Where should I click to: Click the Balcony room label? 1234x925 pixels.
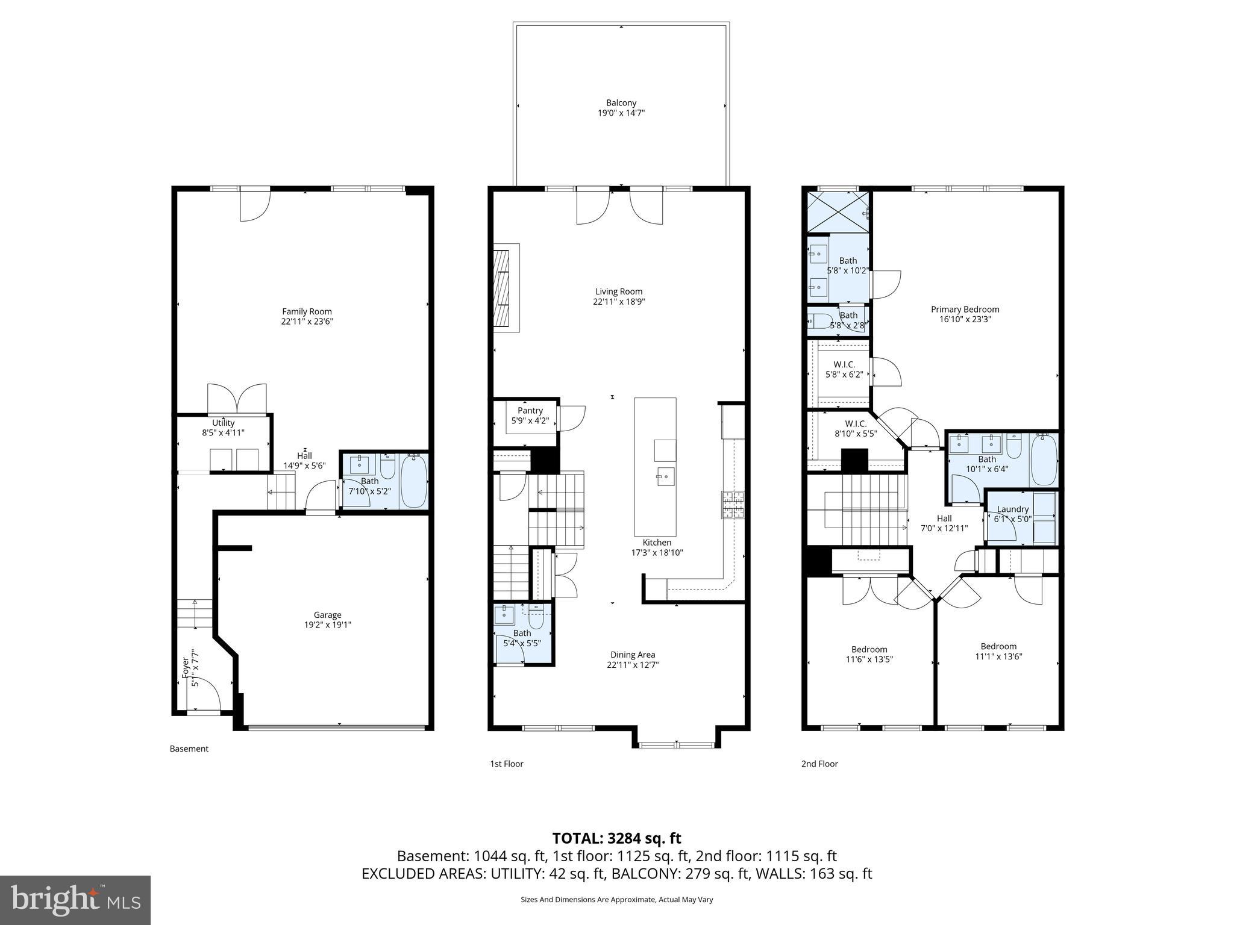621,103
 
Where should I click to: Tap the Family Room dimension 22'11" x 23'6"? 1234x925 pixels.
307,322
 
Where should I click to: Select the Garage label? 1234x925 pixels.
327,615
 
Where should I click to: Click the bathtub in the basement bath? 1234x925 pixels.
414,481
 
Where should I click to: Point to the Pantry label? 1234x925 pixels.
530,411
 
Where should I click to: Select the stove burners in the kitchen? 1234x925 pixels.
733,505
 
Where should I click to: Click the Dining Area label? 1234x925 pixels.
632,655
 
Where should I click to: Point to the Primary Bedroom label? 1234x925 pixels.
965,310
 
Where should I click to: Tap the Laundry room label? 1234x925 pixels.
1012,509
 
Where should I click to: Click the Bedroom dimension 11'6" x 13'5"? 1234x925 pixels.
869,659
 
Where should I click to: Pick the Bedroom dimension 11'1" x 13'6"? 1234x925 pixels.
998,656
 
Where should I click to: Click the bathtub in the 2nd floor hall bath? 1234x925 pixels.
1044,461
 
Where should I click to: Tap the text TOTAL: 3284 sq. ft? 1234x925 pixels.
616,838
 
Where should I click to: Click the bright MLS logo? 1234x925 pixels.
75,900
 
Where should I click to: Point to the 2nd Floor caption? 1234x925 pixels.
819,764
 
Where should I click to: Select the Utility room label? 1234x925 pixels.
223,423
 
